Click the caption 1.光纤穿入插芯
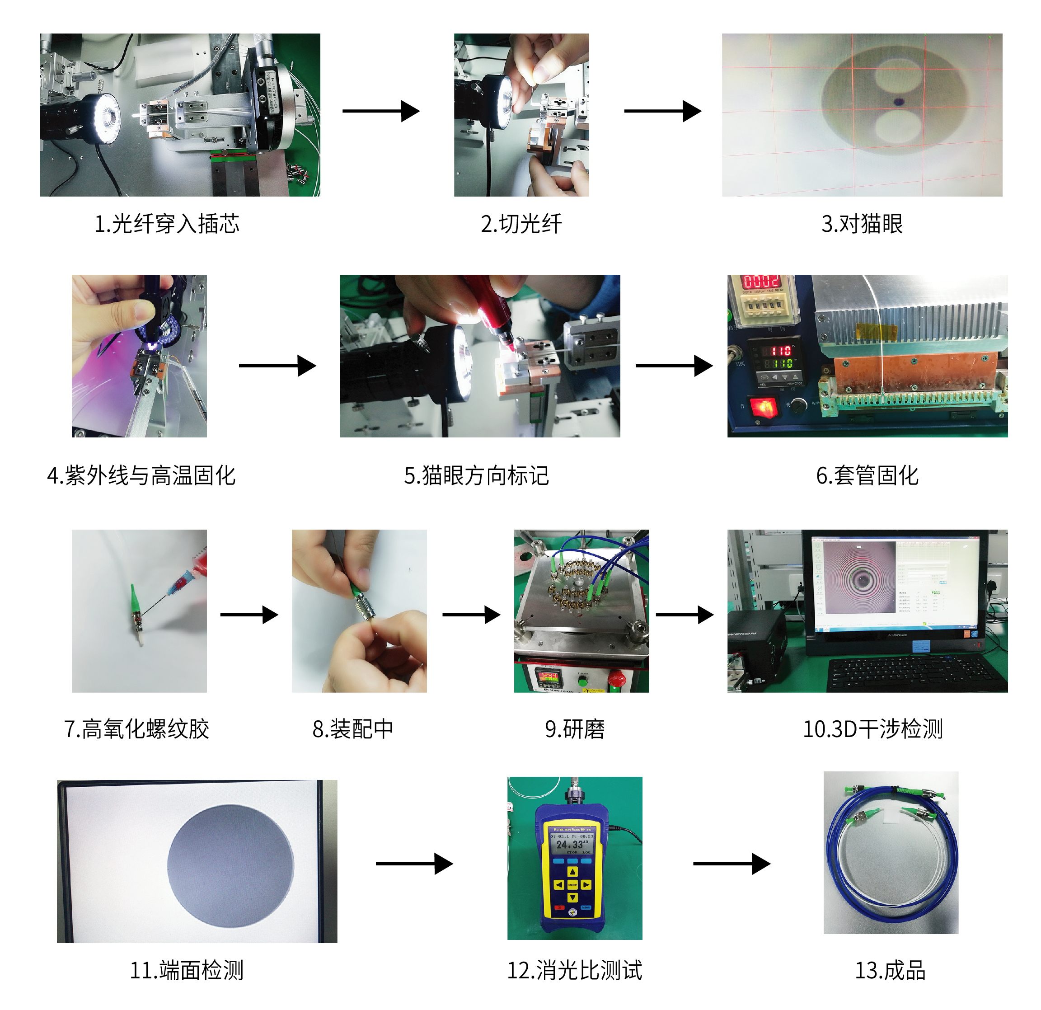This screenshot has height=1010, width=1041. click(167, 224)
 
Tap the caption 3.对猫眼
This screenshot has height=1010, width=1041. click(862, 224)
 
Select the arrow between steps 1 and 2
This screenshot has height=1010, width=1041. click(381, 111)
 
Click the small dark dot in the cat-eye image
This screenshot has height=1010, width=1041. click(899, 102)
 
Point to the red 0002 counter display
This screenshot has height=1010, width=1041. click(760, 281)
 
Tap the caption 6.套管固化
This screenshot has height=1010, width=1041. click(867, 475)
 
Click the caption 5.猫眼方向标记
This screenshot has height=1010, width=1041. click(476, 475)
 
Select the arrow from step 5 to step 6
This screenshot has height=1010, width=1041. click(674, 366)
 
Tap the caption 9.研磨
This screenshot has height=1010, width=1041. click(575, 729)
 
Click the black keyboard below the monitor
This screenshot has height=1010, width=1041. click(911, 674)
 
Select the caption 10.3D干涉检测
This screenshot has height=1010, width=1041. click(872, 729)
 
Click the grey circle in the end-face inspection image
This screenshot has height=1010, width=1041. click(230, 866)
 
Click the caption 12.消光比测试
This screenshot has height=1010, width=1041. click(574, 970)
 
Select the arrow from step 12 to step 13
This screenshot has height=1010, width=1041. click(732, 864)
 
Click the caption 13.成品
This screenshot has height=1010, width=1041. click(890, 970)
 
